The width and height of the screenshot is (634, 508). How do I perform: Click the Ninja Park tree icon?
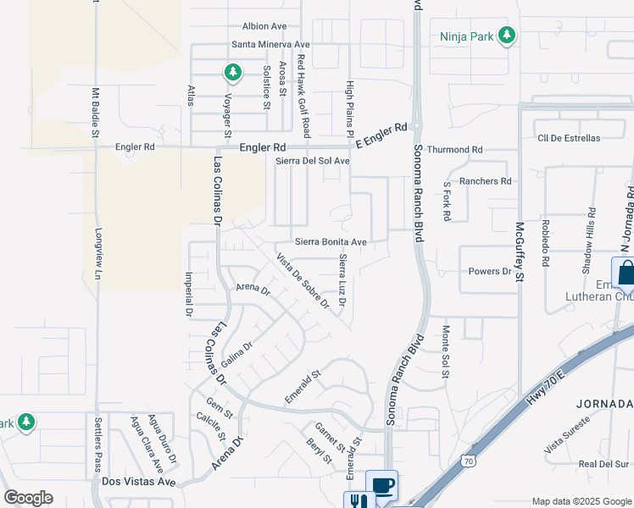coord(507,36)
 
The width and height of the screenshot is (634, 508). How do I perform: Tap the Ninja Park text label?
coord(467,36)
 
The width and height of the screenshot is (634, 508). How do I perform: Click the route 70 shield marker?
coord(469,461)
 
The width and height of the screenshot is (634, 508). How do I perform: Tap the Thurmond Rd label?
coord(454,150)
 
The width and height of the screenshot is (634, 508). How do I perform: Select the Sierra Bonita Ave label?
coord(331,242)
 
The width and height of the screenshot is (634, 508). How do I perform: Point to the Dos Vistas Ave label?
coord(137,481)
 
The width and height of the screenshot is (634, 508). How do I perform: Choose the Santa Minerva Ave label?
coord(270,44)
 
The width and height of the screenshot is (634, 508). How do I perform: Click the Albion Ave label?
coord(266,26)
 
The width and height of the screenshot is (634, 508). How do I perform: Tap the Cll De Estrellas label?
coord(568,138)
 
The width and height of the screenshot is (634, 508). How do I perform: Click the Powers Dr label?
coord(490,272)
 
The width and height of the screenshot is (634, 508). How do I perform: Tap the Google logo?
coord(28,497)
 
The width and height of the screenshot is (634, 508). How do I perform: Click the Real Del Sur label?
coord(603,464)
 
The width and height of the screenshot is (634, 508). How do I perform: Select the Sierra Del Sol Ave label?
coord(314,161)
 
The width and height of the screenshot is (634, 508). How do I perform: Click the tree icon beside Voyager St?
coord(231,72)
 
